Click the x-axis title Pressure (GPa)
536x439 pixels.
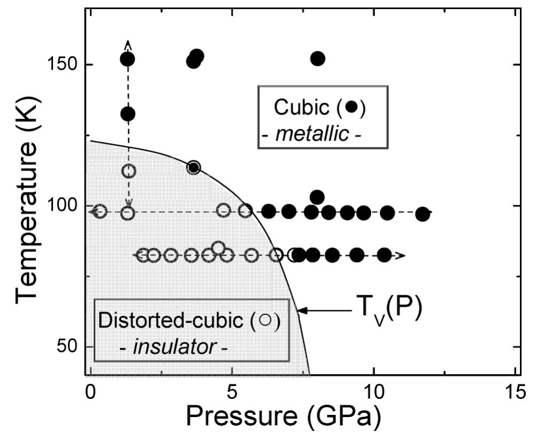click(284, 415)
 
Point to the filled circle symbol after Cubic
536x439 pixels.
click(351, 106)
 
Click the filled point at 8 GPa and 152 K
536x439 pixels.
click(318, 59)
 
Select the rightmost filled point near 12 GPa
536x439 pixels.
click(423, 214)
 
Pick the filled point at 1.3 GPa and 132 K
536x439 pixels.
click(127, 114)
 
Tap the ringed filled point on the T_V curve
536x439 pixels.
click(194, 167)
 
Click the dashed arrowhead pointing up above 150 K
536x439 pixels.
click(127, 44)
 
